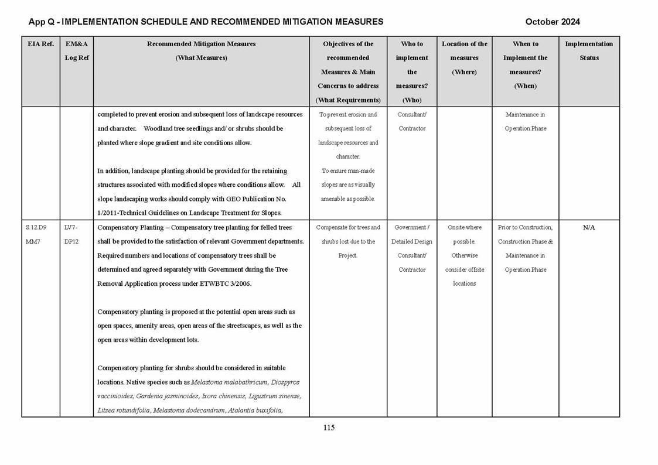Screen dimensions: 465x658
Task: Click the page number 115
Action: point(329,428)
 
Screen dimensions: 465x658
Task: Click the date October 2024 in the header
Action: point(553,22)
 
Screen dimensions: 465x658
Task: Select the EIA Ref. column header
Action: point(40,44)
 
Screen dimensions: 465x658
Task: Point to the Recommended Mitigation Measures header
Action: point(201,44)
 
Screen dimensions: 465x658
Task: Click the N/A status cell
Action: point(589,227)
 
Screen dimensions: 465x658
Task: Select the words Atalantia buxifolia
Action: point(254,411)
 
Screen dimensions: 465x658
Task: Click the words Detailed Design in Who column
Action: point(412,241)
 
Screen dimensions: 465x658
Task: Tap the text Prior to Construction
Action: point(525,227)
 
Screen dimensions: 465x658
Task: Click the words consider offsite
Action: point(464,269)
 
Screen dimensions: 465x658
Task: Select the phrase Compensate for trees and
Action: point(348,227)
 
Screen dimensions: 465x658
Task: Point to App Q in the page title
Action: point(42,22)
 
